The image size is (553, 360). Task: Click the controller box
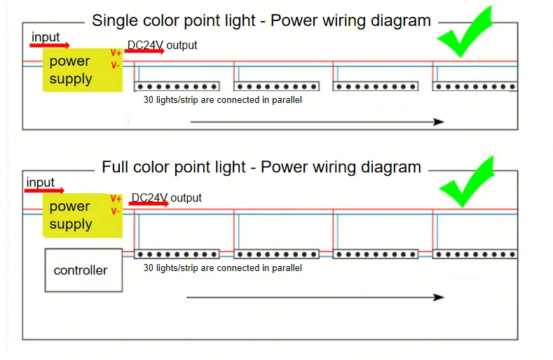click(x=83, y=270)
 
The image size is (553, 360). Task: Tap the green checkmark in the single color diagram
click(x=465, y=33)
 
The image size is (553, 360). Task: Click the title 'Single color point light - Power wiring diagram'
click(x=261, y=20)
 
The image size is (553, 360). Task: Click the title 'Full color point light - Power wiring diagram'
click(x=261, y=167)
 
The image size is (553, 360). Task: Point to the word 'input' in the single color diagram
click(x=46, y=37)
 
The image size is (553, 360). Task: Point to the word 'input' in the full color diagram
click(x=41, y=183)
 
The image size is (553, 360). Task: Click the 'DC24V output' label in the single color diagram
click(x=163, y=46)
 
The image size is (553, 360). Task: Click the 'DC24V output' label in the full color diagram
click(x=167, y=198)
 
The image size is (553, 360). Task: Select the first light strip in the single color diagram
click(x=177, y=86)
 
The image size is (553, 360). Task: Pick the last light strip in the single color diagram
click(x=475, y=86)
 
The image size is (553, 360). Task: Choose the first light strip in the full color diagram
click(x=177, y=254)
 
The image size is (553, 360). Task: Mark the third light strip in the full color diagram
click(x=376, y=254)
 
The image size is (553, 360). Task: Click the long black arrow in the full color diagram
click(x=315, y=297)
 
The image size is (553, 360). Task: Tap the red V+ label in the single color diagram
click(x=116, y=53)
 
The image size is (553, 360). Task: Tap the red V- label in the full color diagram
click(x=116, y=211)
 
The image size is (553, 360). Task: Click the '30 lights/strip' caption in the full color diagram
click(x=222, y=268)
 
